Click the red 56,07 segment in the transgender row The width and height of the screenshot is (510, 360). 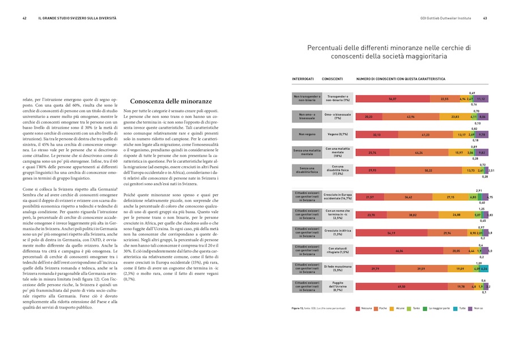pyautogui.click(x=392, y=99)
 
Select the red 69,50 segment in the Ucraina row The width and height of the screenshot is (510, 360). pyautogui.click(x=402, y=287)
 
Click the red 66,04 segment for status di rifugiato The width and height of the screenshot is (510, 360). pyautogui.click(x=399, y=251)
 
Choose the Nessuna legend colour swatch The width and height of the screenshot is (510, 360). pyautogui.click(x=358, y=308)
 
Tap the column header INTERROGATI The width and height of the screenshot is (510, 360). pyautogui.click(x=303, y=79)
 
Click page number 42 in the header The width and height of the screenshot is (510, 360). pyautogui.click(x=24, y=18)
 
